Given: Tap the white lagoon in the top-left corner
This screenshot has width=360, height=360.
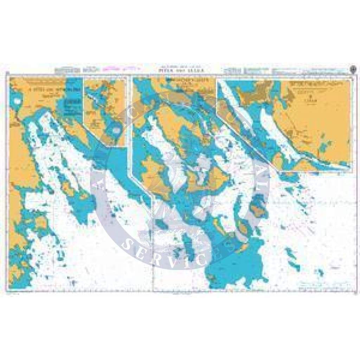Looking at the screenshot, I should [x=16, y=101].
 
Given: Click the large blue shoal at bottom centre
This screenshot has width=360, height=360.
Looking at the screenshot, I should [x=232, y=267].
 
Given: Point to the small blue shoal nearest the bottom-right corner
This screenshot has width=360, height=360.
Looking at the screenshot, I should [x=320, y=272].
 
